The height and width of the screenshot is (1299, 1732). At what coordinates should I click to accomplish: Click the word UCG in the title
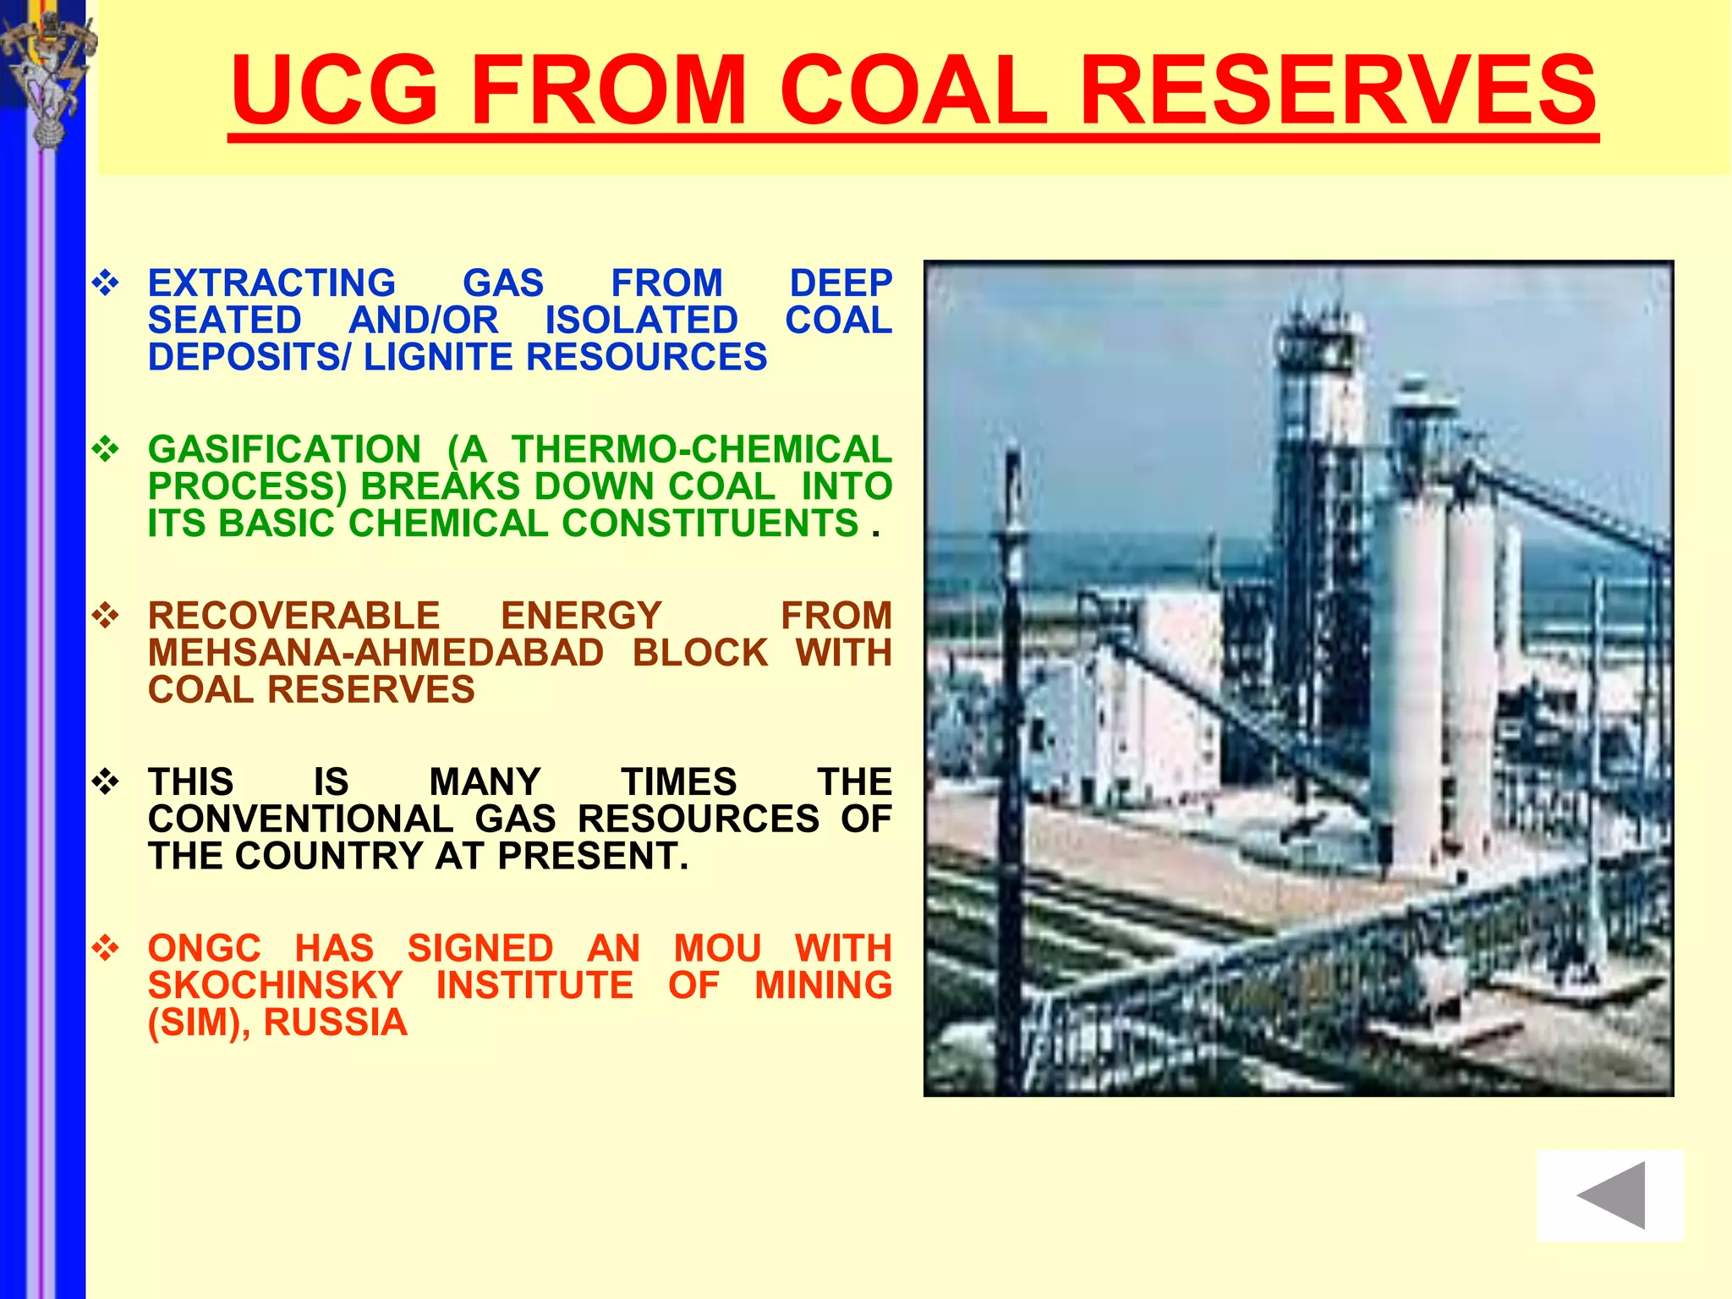coord(334,89)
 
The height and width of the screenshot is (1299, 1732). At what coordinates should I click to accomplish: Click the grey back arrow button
coord(1610,1195)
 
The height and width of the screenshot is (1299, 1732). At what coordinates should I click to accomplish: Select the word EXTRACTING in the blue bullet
coord(271,283)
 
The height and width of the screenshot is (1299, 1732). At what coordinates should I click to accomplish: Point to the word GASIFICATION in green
coord(284,449)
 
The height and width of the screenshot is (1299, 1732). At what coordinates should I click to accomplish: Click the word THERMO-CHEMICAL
coord(701,449)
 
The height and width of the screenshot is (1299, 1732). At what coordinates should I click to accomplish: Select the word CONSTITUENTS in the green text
coord(710,523)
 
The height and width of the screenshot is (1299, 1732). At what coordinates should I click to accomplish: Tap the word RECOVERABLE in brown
coord(293,616)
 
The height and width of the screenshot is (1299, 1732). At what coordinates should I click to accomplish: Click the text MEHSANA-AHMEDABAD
coord(375,653)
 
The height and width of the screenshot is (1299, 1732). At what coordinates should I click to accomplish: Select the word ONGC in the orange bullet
coord(205,948)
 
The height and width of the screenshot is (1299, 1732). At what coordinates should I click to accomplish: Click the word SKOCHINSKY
coord(275,985)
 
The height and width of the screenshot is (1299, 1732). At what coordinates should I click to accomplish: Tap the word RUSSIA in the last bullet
coord(335,1022)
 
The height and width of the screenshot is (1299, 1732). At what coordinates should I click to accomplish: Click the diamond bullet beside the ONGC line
coord(106,948)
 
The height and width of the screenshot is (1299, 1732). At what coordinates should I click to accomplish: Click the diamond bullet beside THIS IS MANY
coord(106,782)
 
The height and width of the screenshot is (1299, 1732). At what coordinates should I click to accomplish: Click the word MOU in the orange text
coord(717,948)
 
